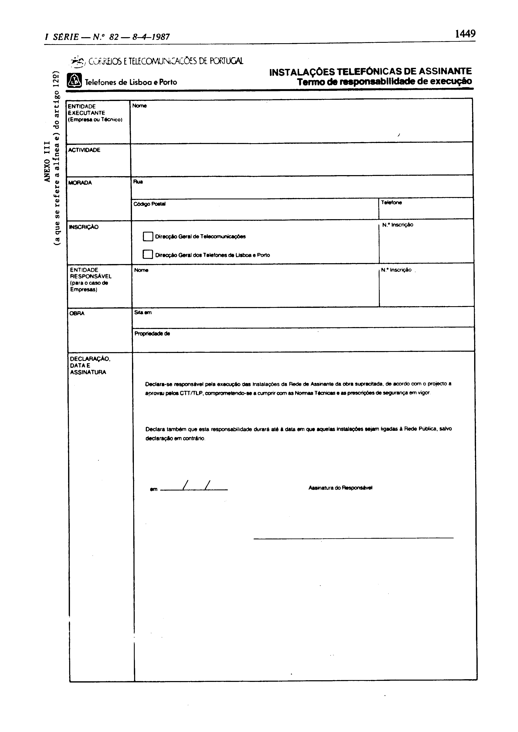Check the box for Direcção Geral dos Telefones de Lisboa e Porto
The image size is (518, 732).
pyautogui.click(x=148, y=254)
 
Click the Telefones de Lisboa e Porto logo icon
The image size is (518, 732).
pyautogui.click(x=74, y=80)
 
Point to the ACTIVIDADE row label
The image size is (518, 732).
pyautogui.click(x=84, y=150)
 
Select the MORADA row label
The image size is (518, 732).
pyautogui.click(x=80, y=183)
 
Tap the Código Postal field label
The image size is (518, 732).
pyautogui.click(x=149, y=204)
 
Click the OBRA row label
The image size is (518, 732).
pyautogui.click(x=77, y=313)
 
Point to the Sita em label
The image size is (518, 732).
pyautogui.click(x=143, y=312)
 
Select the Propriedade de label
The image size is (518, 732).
pyautogui.click(x=152, y=334)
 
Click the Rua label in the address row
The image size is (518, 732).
pyautogui.click(x=138, y=182)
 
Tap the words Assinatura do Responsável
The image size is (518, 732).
pyautogui.click(x=340, y=488)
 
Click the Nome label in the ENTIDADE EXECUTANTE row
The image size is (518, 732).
pyautogui.click(x=139, y=106)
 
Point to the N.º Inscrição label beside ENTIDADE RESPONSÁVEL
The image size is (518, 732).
pyautogui.click(x=396, y=270)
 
